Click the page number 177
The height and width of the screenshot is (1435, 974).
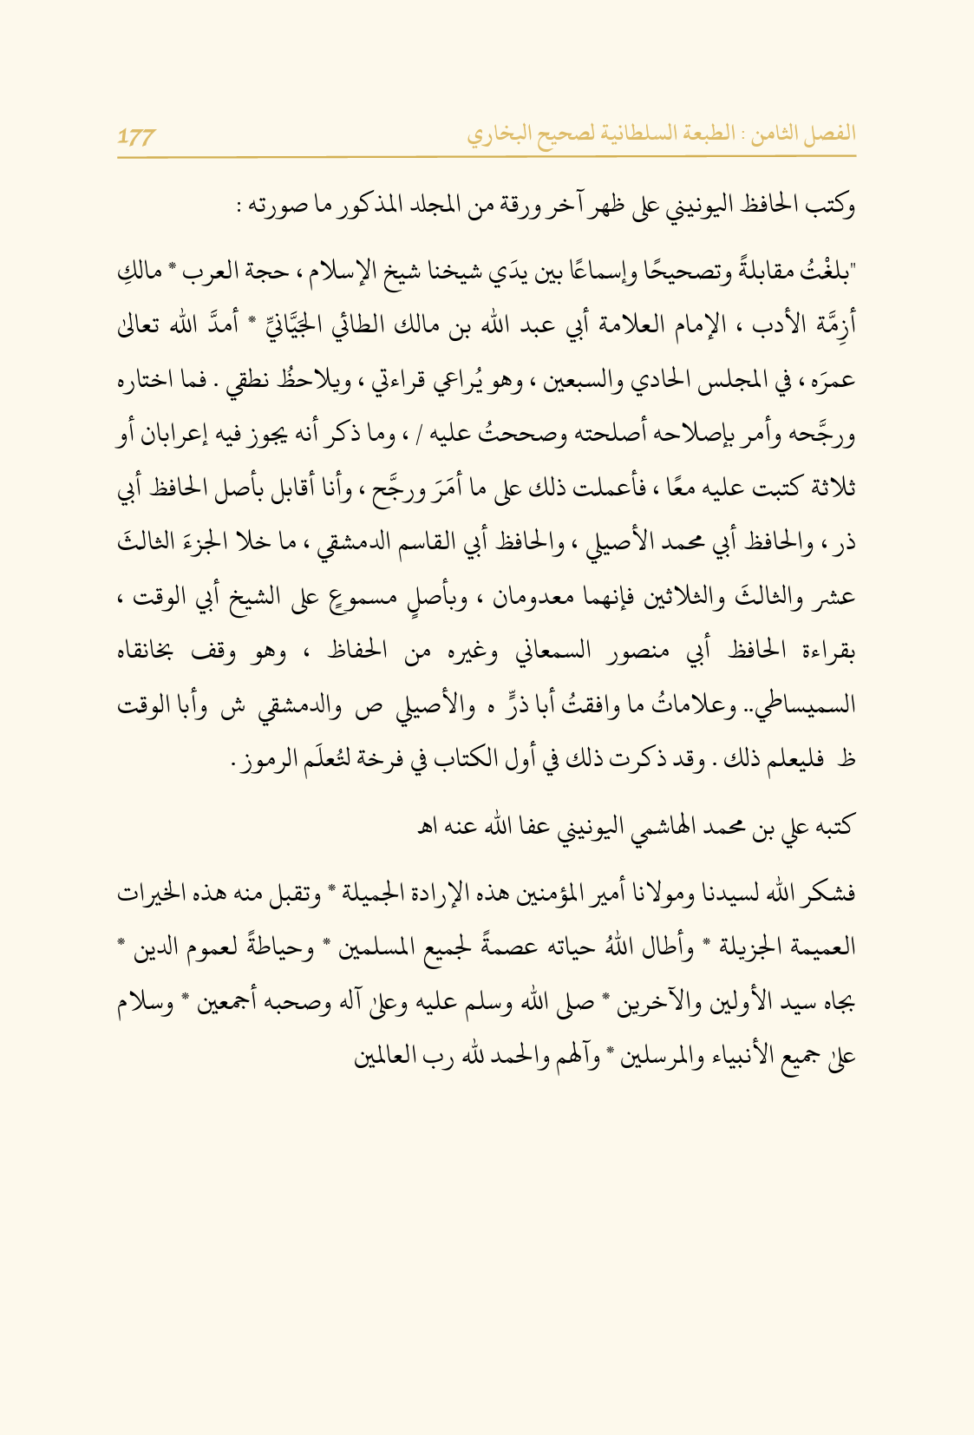136,136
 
